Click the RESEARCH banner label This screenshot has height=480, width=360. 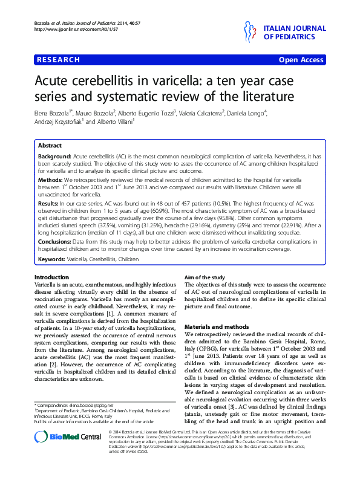click(x=58, y=60)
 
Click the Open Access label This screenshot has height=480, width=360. click(x=302, y=60)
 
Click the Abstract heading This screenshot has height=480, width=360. click(x=50, y=146)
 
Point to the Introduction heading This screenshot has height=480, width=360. click(x=51, y=276)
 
